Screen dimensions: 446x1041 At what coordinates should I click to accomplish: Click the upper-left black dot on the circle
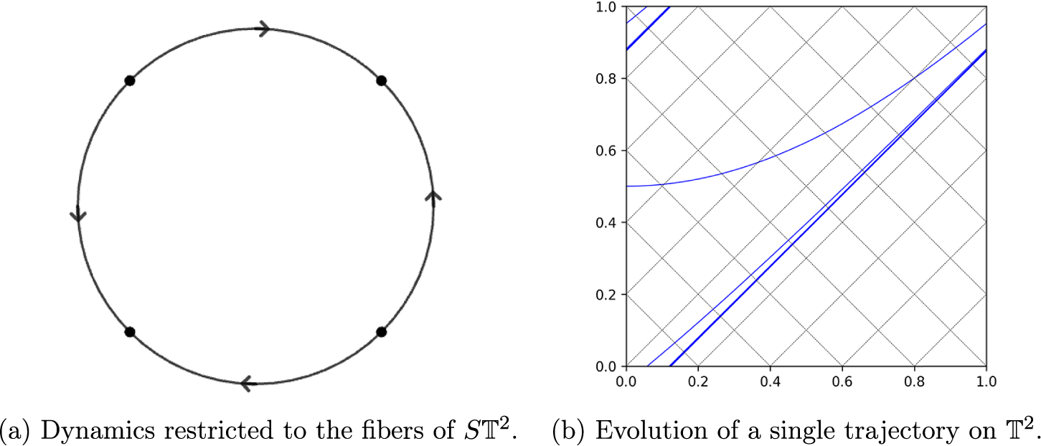tap(130, 81)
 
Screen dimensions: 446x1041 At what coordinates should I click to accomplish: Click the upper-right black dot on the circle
tap(382, 81)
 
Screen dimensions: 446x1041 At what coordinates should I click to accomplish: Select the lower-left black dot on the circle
tap(130, 332)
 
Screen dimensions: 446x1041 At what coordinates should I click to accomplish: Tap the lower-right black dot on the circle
tap(382, 332)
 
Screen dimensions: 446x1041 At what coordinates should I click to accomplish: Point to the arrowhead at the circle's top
tap(263, 29)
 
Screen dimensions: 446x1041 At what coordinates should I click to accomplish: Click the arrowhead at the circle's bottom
tap(248, 384)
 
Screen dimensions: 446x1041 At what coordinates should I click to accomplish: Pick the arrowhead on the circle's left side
tap(78, 214)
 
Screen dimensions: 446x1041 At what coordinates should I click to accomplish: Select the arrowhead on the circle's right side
tap(433, 196)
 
